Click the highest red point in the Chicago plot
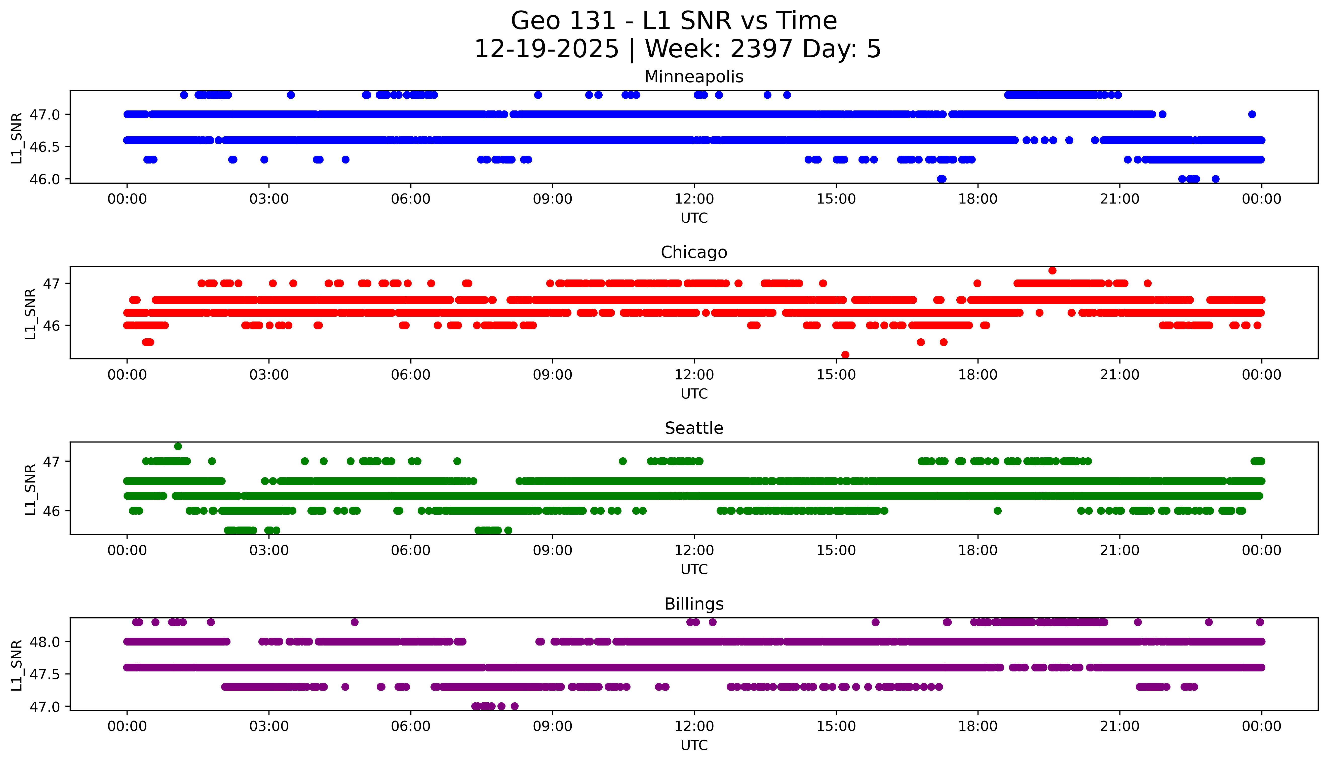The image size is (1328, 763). point(1052,270)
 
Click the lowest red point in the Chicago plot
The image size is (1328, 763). point(845,355)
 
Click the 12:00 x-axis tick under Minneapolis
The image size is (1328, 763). point(694,199)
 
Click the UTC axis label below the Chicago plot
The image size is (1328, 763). point(694,393)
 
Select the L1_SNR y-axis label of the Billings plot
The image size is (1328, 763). point(17,664)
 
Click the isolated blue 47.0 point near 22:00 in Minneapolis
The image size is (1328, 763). point(1162,114)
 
